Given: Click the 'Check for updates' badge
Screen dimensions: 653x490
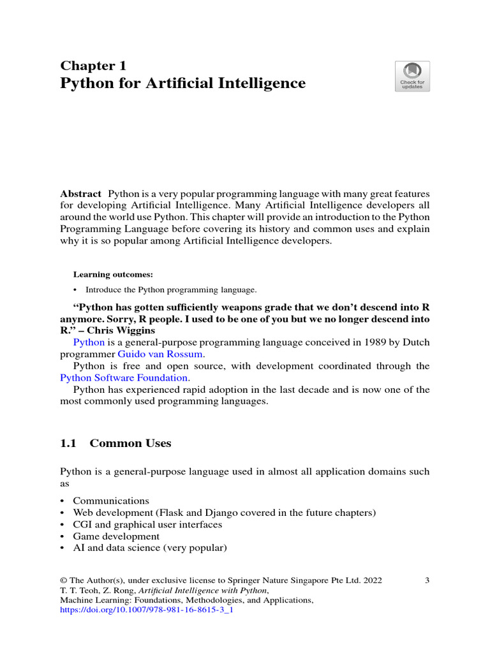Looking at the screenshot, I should point(412,76).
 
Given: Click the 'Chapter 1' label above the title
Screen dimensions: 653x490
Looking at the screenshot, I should point(93,65).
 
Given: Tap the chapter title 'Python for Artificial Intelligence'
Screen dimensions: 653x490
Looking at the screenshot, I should point(182,84).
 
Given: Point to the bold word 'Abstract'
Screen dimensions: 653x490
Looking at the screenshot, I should point(80,194).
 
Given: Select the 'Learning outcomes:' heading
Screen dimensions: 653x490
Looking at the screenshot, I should point(113,275).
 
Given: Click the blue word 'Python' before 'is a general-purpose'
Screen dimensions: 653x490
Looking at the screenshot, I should point(89,342).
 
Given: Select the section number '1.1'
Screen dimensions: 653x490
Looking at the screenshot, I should point(68,443).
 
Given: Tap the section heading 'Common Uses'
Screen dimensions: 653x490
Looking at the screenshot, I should point(131,443).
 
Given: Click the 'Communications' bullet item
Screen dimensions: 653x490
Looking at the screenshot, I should point(111,501).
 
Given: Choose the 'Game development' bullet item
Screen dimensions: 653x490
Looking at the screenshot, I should point(116,536).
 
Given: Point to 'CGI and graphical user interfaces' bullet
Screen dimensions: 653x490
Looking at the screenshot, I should point(147,525).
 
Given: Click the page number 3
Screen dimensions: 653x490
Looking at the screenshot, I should point(427,580).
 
